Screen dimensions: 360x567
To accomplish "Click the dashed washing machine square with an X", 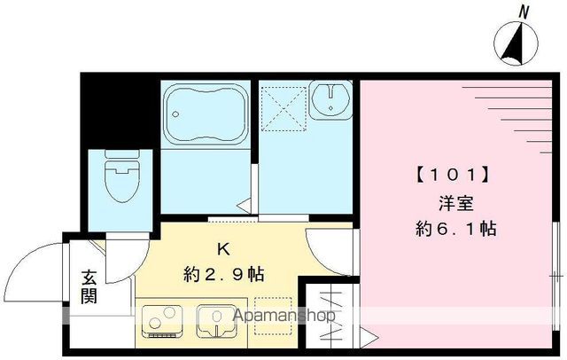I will tap(283, 112).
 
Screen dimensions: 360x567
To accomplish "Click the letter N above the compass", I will tap(524, 12).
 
